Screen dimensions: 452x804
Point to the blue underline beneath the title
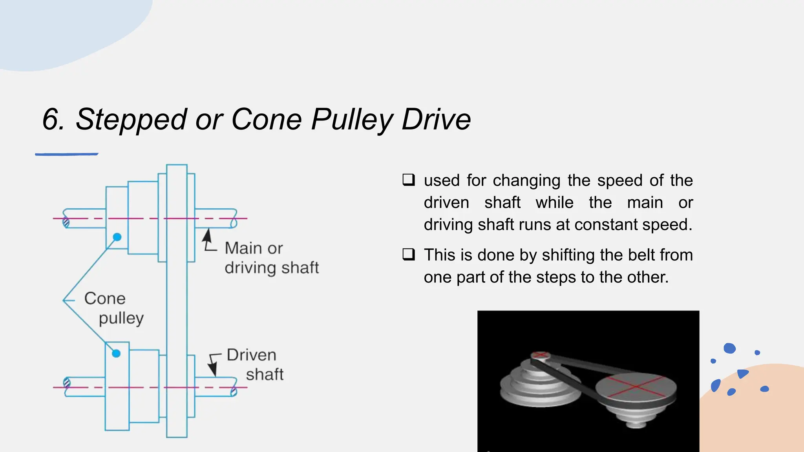(x=67, y=154)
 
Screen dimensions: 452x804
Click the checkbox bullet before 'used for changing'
(x=408, y=180)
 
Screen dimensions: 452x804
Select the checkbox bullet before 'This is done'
(x=408, y=255)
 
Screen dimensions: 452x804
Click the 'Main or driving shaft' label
(x=271, y=258)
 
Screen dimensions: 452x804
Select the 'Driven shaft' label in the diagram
(x=255, y=365)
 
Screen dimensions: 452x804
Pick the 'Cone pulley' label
(x=114, y=308)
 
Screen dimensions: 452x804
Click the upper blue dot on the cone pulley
(x=117, y=237)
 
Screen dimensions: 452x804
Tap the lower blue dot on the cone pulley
(x=116, y=354)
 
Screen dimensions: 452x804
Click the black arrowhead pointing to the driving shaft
(x=207, y=237)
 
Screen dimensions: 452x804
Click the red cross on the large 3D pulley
(x=636, y=386)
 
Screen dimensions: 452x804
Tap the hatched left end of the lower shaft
(x=67, y=383)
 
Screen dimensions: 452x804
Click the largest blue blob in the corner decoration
(x=729, y=348)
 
